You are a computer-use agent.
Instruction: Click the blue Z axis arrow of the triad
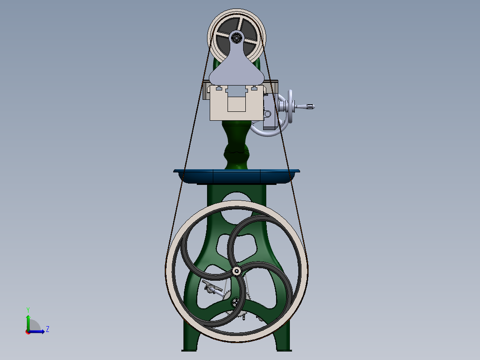pyautogui.click(x=39, y=331)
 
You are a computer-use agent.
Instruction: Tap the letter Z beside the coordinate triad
pyautogui.click(x=48, y=329)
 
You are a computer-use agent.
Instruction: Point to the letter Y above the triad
pyautogui.click(x=28, y=309)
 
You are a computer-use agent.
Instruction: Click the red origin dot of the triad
pyautogui.click(x=28, y=331)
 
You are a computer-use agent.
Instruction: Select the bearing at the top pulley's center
pyautogui.click(x=236, y=37)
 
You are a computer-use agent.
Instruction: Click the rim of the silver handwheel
pyautogui.click(x=292, y=96)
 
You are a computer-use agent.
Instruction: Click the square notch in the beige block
pyautogui.click(x=236, y=103)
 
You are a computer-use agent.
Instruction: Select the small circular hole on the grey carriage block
pyautogui.click(x=268, y=114)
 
